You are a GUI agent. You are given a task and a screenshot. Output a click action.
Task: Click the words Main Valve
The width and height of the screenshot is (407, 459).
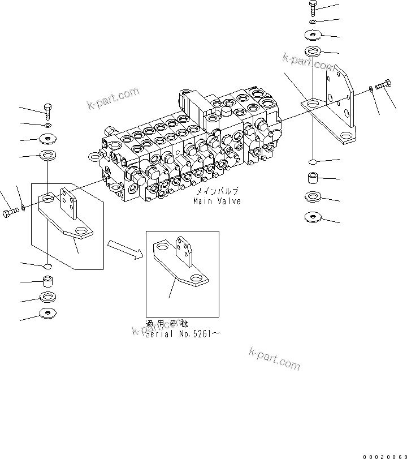tap(217, 201)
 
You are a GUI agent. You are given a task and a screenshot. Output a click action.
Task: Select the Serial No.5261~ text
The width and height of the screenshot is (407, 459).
tap(183, 334)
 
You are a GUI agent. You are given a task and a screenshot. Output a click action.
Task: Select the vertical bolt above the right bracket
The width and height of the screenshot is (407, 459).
tap(314, 8)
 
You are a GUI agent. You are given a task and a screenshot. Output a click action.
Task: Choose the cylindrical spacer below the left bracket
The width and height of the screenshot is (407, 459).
tap(49, 281)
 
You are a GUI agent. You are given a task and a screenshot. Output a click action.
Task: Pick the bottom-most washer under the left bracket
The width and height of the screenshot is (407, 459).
tap(49, 313)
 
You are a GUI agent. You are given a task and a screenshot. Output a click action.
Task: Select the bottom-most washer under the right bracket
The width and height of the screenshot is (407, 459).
tap(314, 217)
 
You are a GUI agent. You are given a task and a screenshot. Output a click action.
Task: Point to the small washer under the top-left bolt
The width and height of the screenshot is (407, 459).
tap(49, 125)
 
